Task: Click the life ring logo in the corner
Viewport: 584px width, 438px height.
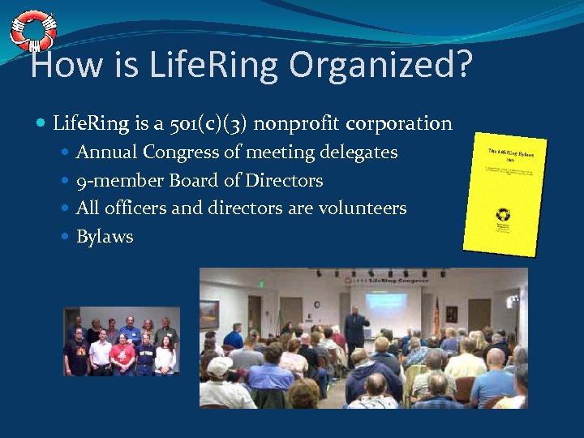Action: [32, 30]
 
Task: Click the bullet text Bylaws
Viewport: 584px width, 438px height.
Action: [105, 237]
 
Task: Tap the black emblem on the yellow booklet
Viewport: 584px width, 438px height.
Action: [503, 215]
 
